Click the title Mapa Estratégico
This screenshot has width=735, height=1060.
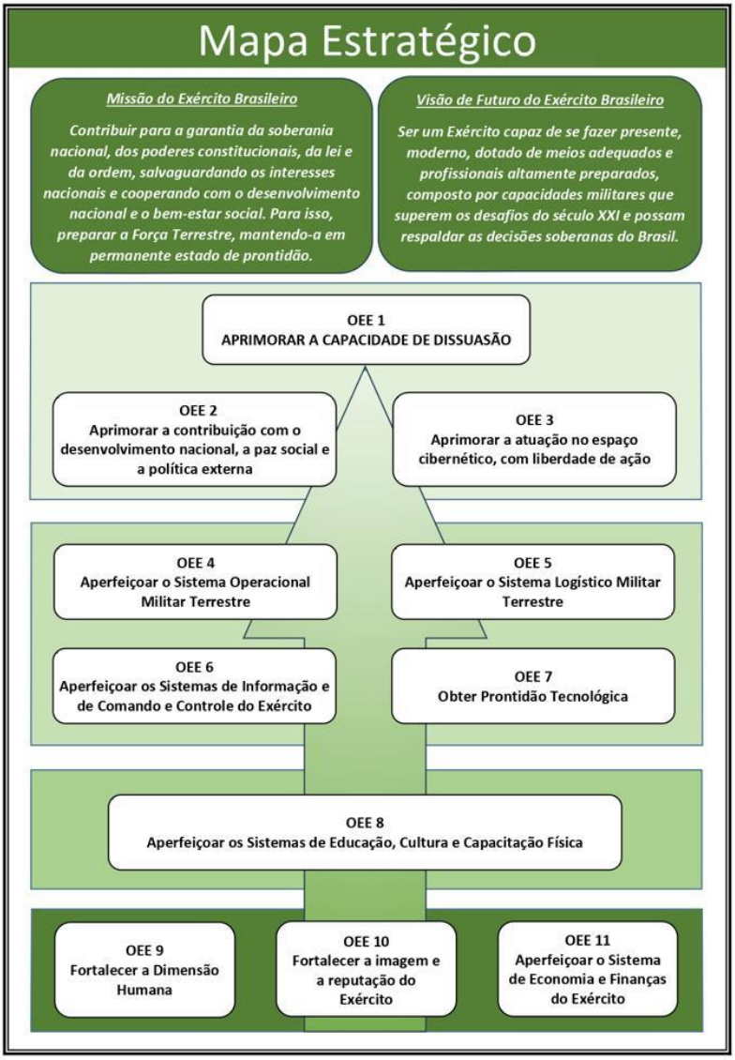(367, 40)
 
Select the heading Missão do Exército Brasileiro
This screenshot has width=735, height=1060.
(202, 98)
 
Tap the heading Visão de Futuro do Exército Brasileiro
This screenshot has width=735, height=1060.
(540, 100)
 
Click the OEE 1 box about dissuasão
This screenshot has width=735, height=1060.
(367, 330)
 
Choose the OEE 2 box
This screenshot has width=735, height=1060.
(195, 439)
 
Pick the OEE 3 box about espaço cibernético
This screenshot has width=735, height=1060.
(533, 439)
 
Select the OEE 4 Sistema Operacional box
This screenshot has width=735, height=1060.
(195, 582)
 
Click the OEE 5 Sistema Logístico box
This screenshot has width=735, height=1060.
(533, 582)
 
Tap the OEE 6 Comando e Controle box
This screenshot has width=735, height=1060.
(195, 686)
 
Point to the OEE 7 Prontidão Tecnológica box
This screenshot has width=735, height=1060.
(533, 686)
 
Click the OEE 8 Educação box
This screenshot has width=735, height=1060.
(365, 832)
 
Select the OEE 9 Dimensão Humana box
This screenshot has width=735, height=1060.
(144, 969)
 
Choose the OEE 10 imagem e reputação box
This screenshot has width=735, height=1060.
(367, 969)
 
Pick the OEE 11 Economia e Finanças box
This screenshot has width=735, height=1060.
(588, 969)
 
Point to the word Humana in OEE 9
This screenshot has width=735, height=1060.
(144, 990)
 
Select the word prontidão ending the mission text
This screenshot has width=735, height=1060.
(275, 257)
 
